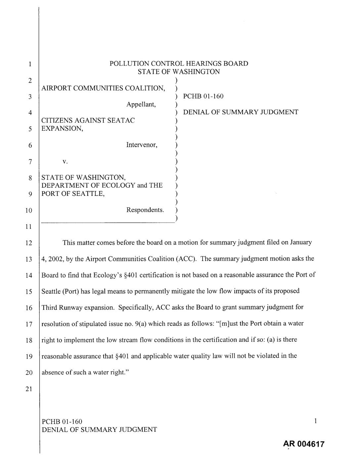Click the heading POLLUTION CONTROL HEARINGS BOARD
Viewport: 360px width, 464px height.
179,63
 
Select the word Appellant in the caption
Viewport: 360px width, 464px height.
141,105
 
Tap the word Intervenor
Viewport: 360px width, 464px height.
142,145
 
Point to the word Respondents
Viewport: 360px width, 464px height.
145,210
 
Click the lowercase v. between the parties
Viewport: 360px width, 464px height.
65,162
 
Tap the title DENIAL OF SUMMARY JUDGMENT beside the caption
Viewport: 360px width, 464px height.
241,112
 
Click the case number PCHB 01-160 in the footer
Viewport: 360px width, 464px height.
62,422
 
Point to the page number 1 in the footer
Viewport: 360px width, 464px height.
316,421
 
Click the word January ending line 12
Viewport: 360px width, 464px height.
301,242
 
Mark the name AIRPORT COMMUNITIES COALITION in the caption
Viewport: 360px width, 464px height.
103,88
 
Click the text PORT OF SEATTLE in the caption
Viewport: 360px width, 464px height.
73,193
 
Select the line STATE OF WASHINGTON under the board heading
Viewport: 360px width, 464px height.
179,72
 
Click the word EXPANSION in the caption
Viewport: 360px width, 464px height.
62,128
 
